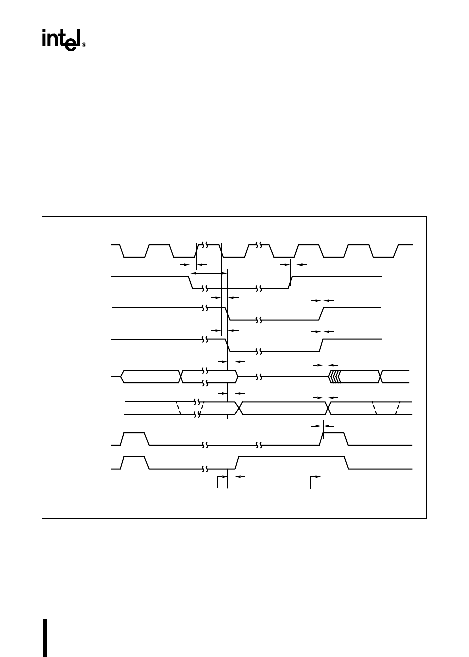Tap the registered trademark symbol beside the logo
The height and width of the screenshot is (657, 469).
(x=84, y=45)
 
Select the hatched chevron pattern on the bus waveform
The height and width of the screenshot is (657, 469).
(x=335, y=376)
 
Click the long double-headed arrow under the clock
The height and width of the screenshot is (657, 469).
(x=208, y=273)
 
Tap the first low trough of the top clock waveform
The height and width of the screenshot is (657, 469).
(x=134, y=256)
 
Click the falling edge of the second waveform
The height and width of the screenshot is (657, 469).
(x=191, y=282)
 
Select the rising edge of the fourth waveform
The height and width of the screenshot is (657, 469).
(x=321, y=345)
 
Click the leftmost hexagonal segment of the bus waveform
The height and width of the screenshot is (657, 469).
(x=150, y=376)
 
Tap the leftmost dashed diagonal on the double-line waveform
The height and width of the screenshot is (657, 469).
(x=178, y=408)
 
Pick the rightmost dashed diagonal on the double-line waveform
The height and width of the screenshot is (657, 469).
(x=398, y=408)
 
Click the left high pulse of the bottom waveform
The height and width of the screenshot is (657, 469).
(x=135, y=457)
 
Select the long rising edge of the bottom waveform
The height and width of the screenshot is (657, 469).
(x=237, y=463)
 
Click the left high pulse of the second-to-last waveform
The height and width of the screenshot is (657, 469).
(x=135, y=433)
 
